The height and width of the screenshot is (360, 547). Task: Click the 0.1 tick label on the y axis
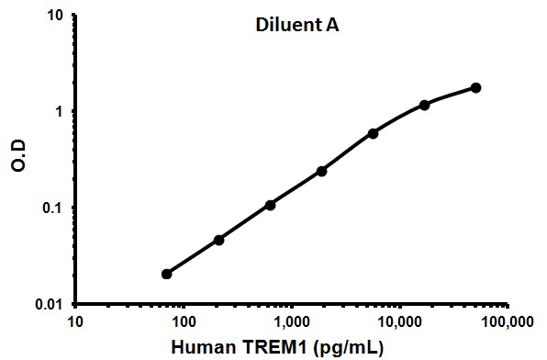(x=52, y=208)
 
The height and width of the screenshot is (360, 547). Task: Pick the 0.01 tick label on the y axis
(x=49, y=304)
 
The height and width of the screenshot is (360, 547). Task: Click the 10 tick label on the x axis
(x=76, y=322)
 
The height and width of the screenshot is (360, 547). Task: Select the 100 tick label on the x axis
(x=184, y=322)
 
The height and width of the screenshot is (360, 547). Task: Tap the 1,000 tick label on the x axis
(x=292, y=322)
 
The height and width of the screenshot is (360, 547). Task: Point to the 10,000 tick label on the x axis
(x=399, y=322)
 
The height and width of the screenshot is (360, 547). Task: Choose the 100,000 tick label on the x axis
(x=507, y=322)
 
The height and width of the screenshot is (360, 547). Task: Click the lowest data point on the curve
(x=167, y=274)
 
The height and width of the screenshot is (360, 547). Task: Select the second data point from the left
(x=218, y=240)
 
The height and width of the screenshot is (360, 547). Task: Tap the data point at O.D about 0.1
(x=270, y=205)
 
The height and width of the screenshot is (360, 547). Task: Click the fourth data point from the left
(x=322, y=171)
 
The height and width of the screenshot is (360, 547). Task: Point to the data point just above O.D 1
(x=425, y=105)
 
